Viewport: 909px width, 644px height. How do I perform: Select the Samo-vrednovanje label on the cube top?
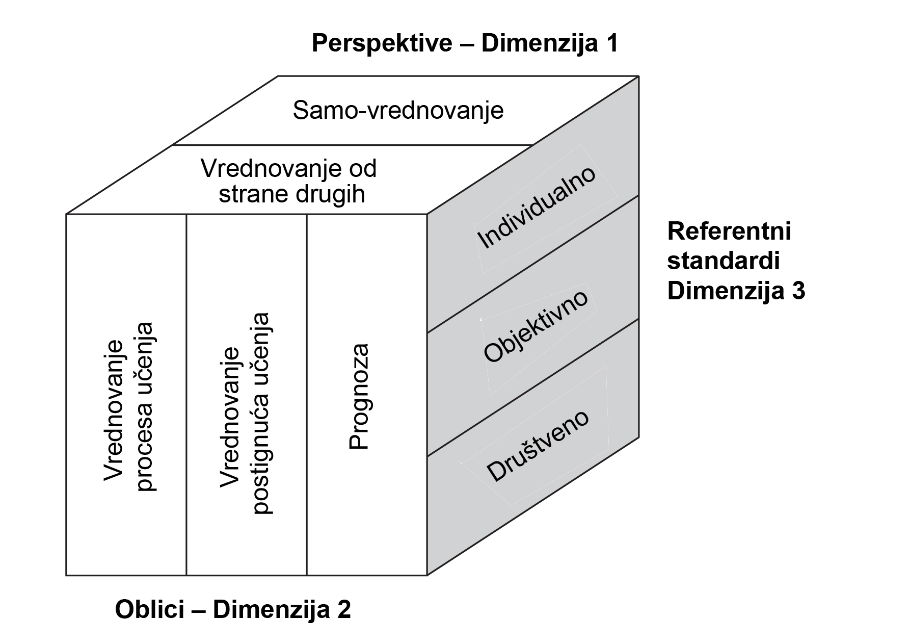pyautogui.click(x=398, y=111)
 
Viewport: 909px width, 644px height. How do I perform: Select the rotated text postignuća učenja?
pyautogui.click(x=261, y=413)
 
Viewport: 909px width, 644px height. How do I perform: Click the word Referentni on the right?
pyautogui.click(x=729, y=231)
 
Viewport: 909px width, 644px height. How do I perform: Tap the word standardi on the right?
pyautogui.click(x=724, y=262)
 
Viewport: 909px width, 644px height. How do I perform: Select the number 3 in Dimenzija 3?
pyautogui.click(x=798, y=292)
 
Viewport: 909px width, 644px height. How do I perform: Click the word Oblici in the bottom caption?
pyautogui.click(x=157, y=609)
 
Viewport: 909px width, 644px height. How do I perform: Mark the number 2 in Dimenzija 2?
pyautogui.click(x=343, y=609)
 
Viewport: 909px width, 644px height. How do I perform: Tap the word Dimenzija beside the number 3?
pyautogui.click(x=726, y=292)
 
